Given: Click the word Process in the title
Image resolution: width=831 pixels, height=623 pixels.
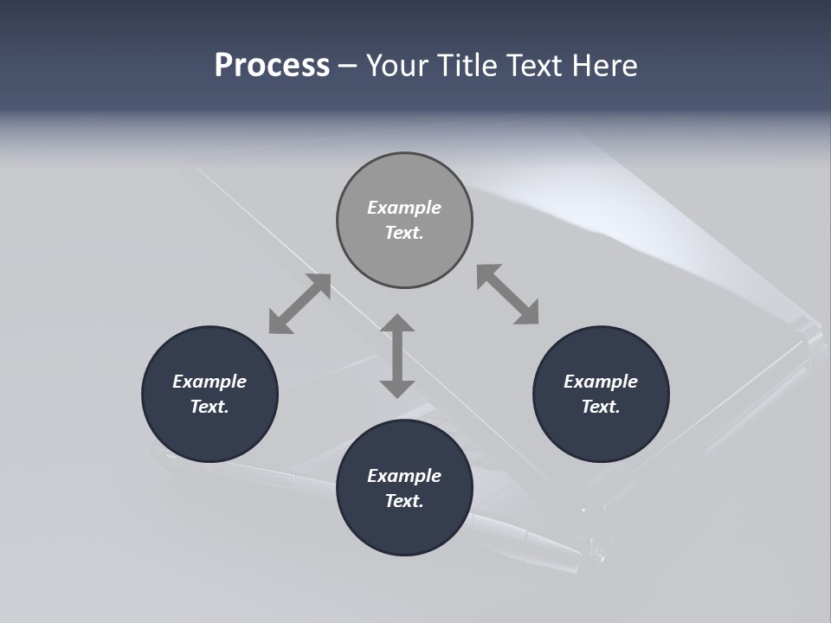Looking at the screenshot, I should click(272, 66).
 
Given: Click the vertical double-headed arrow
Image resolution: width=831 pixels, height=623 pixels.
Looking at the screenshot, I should click(397, 356).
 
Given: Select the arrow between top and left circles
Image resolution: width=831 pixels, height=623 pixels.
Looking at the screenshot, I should click(300, 304).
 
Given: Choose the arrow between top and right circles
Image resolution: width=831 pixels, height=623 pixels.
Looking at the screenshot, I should click(508, 295).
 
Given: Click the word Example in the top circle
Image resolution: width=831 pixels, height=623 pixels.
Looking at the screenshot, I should click(404, 208).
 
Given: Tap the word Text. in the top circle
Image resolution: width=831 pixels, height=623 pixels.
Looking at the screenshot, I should click(404, 233).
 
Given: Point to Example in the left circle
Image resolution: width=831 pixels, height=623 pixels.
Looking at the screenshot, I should click(209, 382).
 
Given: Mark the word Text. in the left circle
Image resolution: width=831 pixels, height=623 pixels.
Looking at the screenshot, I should click(209, 407).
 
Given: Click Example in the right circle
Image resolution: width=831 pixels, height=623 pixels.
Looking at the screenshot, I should click(601, 382).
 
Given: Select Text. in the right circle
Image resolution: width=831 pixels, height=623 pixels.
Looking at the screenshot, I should click(601, 407).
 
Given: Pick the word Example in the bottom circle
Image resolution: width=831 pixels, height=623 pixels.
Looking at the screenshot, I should click(404, 476).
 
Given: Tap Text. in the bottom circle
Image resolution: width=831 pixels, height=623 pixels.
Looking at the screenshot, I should click(404, 501).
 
